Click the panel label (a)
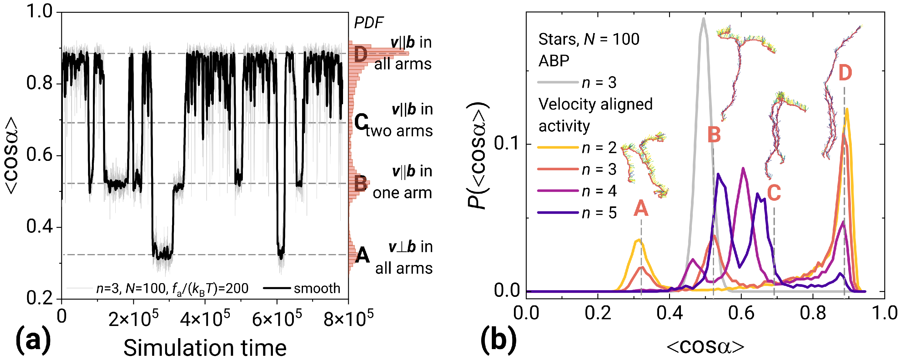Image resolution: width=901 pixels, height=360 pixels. pyautogui.click(x=33, y=340)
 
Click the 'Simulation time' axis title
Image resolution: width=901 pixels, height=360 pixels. pyautogui.click(x=205, y=348)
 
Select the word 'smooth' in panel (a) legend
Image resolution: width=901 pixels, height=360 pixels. pyautogui.click(x=317, y=288)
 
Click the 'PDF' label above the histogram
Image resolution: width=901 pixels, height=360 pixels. pyautogui.click(x=369, y=23)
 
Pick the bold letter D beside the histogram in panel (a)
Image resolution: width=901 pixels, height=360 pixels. pyautogui.click(x=361, y=55)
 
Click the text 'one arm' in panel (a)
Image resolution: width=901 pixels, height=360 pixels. pyautogui.click(x=402, y=193)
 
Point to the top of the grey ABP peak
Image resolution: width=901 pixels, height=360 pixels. pyautogui.click(x=703, y=19)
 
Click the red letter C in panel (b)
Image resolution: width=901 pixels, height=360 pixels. pyautogui.click(x=774, y=192)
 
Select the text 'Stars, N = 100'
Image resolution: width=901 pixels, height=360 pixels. pyautogui.click(x=589, y=39)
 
